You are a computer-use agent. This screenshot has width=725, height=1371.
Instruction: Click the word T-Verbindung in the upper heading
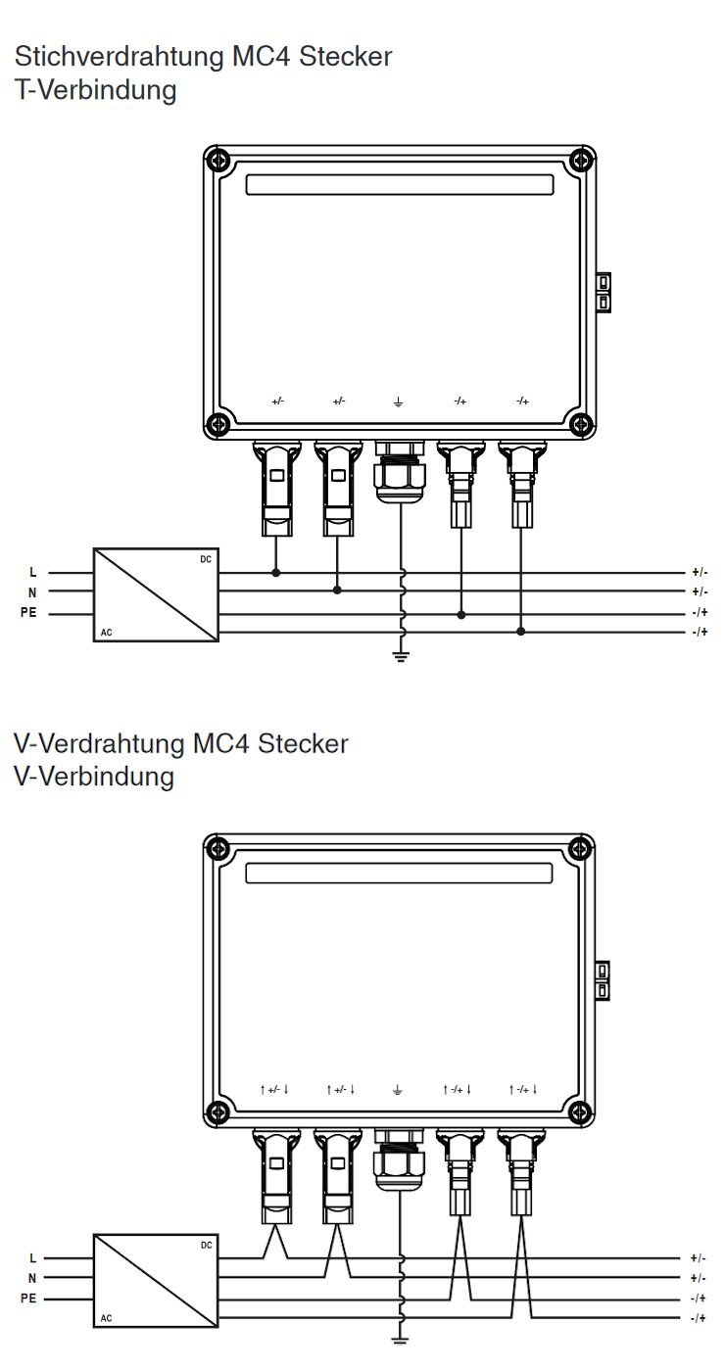click(x=95, y=91)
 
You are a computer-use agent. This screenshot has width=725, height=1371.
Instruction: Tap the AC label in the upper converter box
click(x=106, y=633)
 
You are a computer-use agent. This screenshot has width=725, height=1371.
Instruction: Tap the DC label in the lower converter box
click(x=206, y=1245)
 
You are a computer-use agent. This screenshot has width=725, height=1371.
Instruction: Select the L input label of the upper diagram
click(x=33, y=572)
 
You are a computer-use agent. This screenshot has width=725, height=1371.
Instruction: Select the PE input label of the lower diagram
click(x=28, y=1299)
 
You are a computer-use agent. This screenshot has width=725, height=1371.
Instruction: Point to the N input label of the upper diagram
click(x=32, y=591)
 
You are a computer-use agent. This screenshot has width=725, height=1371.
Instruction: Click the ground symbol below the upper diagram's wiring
click(x=400, y=655)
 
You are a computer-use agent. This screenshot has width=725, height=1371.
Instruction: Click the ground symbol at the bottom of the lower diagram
click(x=400, y=1341)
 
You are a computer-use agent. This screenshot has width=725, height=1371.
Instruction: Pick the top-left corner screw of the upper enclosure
click(x=218, y=160)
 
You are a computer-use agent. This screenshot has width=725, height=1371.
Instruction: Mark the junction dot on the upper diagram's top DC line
click(x=275, y=572)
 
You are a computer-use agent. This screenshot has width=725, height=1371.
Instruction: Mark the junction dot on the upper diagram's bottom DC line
click(x=520, y=632)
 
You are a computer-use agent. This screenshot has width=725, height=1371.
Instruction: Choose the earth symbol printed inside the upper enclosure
click(x=398, y=402)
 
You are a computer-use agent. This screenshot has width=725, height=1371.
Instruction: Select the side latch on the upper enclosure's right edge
click(x=604, y=293)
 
